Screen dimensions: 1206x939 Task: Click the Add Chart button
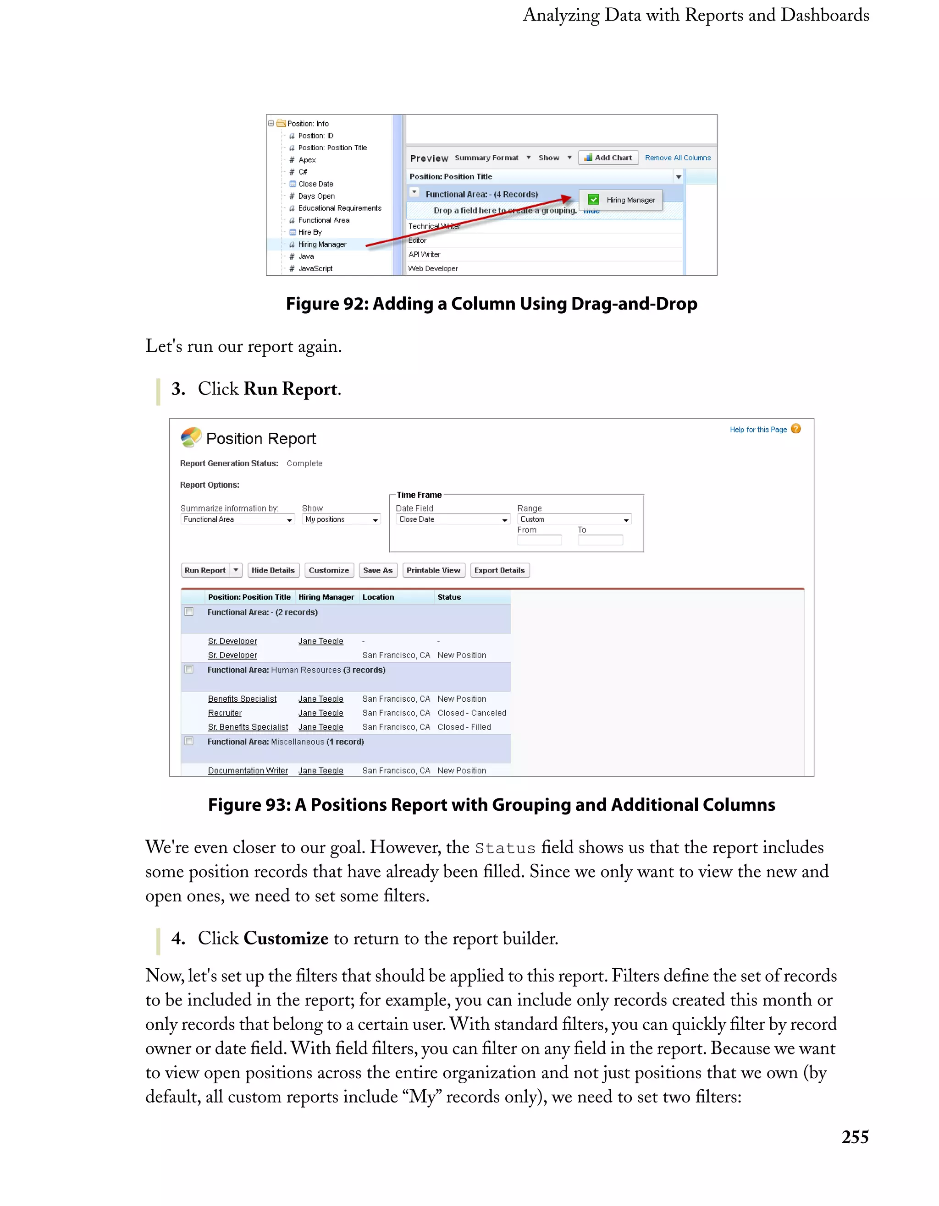[x=608, y=158]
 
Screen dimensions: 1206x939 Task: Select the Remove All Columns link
[x=678, y=158]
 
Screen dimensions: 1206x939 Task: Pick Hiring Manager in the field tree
[x=322, y=245]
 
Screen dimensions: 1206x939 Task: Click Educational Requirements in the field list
[x=339, y=208]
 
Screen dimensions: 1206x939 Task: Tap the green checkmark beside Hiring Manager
[x=593, y=200]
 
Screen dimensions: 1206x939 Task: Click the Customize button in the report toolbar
[x=328, y=570]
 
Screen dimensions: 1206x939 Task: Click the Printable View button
[x=433, y=570]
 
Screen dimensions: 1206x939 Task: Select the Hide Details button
[x=272, y=570]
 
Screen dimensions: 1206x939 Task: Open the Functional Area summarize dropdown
[x=237, y=519]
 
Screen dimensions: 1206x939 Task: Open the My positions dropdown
[x=341, y=519]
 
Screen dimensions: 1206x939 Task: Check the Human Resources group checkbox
[x=189, y=670]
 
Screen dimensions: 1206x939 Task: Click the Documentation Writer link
[x=248, y=771]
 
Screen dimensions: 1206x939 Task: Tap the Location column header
[x=378, y=597]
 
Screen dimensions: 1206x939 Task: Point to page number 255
[x=855, y=1138]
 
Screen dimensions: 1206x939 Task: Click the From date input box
[x=539, y=540]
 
